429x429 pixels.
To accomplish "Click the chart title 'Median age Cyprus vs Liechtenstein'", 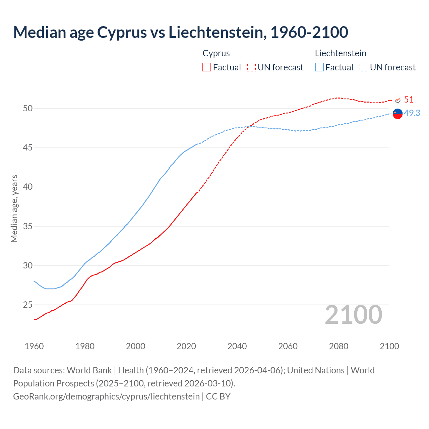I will (x=180, y=32).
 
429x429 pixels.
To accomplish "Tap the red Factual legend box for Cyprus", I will (x=207, y=67).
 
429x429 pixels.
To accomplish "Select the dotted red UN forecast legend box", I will (x=251, y=67).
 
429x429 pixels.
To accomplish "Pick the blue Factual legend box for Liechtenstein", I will (x=319, y=67).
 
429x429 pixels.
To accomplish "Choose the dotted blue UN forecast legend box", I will (x=364, y=67).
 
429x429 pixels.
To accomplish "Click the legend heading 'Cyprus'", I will (x=216, y=53).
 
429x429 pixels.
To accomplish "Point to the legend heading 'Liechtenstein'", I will (x=340, y=53).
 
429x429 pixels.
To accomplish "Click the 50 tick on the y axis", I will (x=28, y=108).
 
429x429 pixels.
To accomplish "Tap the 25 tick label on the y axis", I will (x=28, y=305).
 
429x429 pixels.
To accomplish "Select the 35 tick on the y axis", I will (x=28, y=226).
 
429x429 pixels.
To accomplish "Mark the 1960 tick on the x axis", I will (x=34, y=346).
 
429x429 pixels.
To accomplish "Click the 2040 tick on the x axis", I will (x=237, y=346).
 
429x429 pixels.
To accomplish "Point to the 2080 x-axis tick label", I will (x=339, y=346).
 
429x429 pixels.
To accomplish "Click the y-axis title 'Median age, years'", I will (x=14, y=208).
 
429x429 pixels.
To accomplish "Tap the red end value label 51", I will (x=409, y=100).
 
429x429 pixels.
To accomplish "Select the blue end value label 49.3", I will (x=412, y=113).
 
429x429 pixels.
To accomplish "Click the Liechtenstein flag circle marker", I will (x=397, y=114).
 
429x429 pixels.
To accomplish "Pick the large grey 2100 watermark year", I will (x=353, y=314).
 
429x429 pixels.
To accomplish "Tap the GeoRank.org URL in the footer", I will (x=106, y=396).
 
